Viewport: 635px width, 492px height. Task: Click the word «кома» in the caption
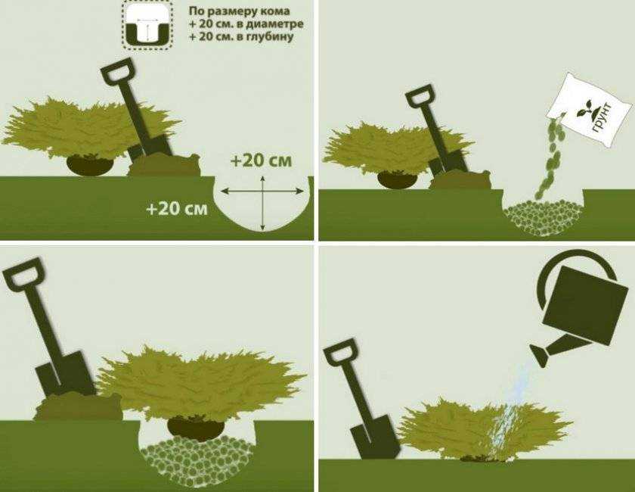[x=275, y=11]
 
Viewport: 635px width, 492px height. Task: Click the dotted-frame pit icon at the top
[x=148, y=25]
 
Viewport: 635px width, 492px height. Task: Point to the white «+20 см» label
[x=177, y=209]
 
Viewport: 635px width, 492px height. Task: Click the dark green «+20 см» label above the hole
[x=262, y=160]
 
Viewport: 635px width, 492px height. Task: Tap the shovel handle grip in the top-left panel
[x=116, y=70]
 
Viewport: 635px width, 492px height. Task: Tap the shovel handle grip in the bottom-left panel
[x=23, y=275]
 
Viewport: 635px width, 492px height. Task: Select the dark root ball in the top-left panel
[x=90, y=165]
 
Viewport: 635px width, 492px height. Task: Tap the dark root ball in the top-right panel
[x=397, y=179]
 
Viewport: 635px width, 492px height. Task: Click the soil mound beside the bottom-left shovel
[x=79, y=406]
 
